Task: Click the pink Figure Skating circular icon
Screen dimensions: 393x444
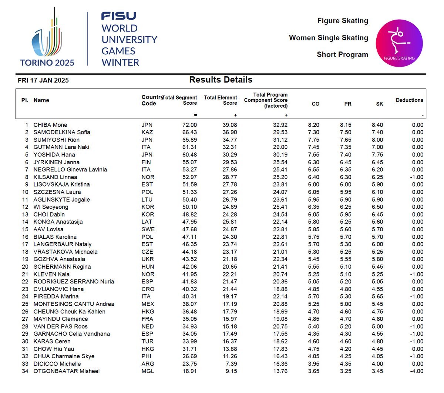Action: pos(399,43)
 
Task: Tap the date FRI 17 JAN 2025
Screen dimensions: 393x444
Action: pos(43,80)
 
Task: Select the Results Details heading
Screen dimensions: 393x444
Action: pos(221,80)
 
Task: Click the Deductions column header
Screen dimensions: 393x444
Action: pos(409,100)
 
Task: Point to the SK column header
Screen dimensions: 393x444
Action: pos(380,104)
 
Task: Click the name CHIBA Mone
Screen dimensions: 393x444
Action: pos(50,125)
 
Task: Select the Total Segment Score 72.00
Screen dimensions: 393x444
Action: pos(190,125)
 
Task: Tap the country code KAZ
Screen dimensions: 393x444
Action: pos(147,132)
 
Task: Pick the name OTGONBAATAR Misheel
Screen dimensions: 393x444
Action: pos(67,371)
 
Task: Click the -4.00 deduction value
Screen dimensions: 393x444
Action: pos(417,371)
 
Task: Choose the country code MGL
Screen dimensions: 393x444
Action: pos(147,371)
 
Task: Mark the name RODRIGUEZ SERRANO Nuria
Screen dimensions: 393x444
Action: pos(74,282)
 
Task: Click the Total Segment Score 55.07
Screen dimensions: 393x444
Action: pos(190,162)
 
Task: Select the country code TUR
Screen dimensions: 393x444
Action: pos(147,341)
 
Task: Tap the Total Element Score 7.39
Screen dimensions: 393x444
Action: pos(231,364)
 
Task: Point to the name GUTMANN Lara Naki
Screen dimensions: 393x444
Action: pos(61,147)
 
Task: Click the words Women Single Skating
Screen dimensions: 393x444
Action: pos(329,38)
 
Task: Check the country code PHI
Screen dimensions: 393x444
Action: pos(147,356)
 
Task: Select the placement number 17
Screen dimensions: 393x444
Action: pos(25,244)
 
